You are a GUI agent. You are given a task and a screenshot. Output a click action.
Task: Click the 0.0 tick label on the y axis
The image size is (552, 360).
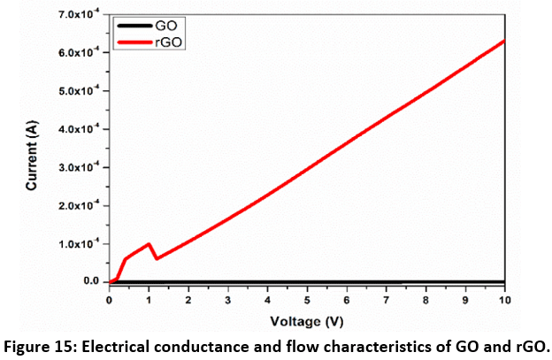[x=90, y=281]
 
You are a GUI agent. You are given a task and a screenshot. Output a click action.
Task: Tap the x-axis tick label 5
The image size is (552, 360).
[x=307, y=299]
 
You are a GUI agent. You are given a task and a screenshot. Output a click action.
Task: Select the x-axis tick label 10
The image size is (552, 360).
[x=504, y=299]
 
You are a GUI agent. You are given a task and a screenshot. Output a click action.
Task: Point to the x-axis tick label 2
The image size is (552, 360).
[x=188, y=299]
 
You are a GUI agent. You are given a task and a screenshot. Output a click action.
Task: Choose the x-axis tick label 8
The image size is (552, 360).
[x=425, y=299]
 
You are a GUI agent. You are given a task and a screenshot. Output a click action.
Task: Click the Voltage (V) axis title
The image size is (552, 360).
[x=306, y=320]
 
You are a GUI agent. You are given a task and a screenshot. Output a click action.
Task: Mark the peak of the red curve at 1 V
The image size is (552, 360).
[x=149, y=244]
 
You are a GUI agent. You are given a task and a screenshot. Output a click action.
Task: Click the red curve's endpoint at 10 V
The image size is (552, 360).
[x=504, y=40]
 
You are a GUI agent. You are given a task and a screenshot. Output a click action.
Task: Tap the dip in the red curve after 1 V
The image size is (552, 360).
[x=157, y=257]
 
